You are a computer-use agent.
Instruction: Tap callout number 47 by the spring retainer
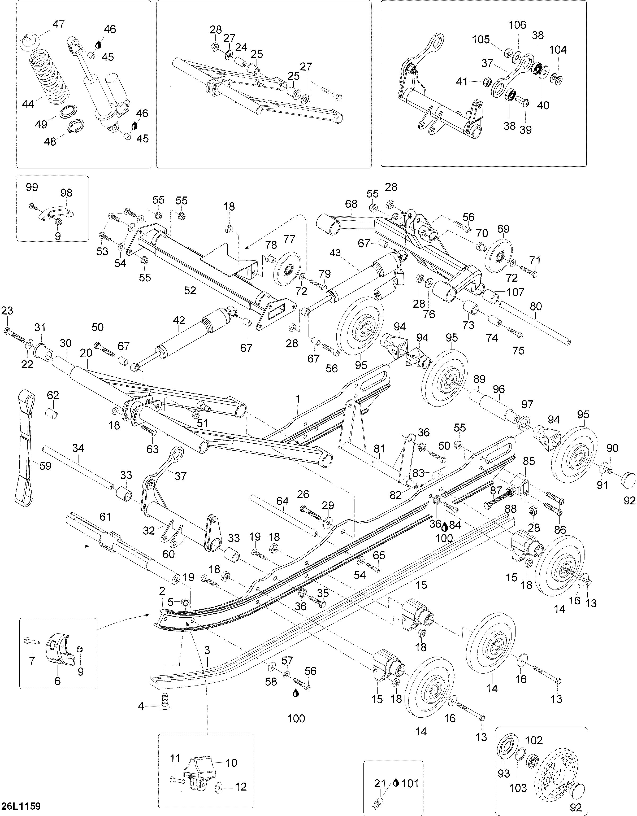click(58, 24)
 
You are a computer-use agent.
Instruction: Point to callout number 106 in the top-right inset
click(517, 25)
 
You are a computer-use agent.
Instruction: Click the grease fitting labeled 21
click(380, 801)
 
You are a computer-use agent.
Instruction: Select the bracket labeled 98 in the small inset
click(55, 214)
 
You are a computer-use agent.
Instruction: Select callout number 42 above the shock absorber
click(179, 320)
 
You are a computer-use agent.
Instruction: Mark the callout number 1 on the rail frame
click(298, 399)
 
